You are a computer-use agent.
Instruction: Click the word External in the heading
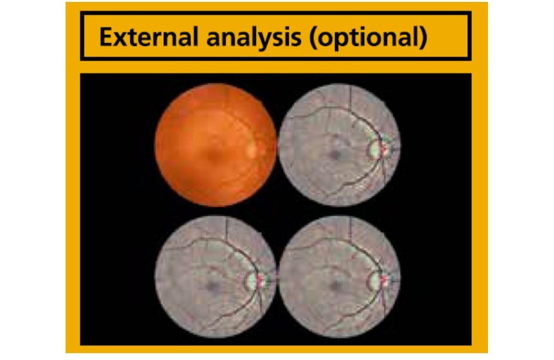(x=148, y=37)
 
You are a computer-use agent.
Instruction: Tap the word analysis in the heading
(x=254, y=37)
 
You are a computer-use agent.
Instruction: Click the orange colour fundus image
(x=215, y=145)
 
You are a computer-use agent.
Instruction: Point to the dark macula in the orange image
(x=213, y=154)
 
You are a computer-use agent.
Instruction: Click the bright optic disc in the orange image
(x=251, y=148)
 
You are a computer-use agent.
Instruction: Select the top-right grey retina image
(x=339, y=145)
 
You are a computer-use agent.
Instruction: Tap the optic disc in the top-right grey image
(x=377, y=148)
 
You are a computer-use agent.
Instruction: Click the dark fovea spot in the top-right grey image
(x=334, y=154)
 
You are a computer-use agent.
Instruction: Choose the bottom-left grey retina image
(x=215, y=277)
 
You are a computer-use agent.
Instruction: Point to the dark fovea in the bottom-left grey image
(x=212, y=286)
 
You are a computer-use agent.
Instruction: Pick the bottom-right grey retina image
(x=339, y=277)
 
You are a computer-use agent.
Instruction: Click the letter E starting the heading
(x=106, y=37)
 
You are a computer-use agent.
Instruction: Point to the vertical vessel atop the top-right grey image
(x=350, y=99)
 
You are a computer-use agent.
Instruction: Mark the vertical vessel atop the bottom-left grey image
(x=227, y=232)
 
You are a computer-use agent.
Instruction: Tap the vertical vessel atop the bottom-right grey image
(x=350, y=232)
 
